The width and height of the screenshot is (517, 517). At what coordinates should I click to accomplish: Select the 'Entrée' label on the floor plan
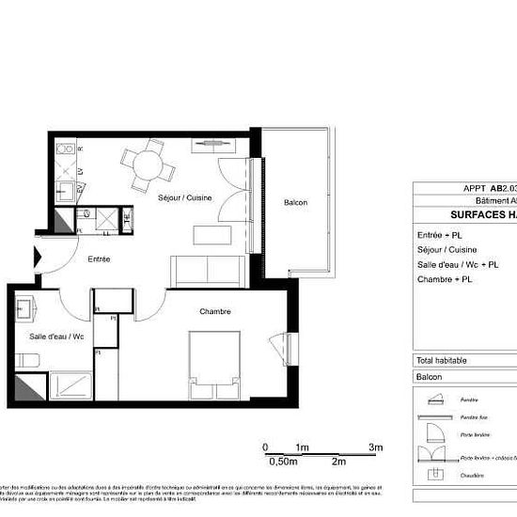point(100,258)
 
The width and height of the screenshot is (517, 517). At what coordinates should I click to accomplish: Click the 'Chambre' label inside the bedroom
point(214,311)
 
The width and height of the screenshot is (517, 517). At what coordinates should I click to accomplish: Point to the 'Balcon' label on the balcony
point(295,202)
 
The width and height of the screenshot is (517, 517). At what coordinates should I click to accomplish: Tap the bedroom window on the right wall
point(278,346)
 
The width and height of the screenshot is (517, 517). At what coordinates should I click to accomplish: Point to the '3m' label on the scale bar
point(376,447)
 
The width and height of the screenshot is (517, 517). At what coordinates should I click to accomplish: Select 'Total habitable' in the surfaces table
point(446,360)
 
